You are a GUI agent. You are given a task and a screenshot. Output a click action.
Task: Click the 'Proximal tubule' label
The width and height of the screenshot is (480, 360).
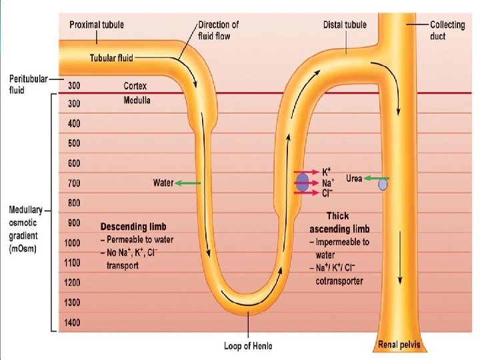(x=97, y=25)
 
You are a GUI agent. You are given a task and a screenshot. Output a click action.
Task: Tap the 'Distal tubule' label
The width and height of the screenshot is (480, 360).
(x=345, y=25)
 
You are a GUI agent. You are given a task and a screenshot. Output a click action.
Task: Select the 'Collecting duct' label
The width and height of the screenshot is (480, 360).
(x=447, y=29)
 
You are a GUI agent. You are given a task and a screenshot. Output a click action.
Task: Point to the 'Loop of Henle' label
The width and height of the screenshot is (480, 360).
(x=248, y=345)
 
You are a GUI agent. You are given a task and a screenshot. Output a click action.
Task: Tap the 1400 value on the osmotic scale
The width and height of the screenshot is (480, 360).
(x=73, y=323)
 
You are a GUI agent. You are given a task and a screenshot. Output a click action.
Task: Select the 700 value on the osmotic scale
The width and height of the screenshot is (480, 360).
(x=73, y=183)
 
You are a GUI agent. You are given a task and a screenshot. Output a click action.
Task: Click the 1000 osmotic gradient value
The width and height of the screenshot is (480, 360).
(x=73, y=243)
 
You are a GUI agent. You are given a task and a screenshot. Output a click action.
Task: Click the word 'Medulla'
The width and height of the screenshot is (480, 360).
(x=137, y=101)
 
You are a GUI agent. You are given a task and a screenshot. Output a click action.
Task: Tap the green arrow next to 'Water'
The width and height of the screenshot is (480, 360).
(x=188, y=183)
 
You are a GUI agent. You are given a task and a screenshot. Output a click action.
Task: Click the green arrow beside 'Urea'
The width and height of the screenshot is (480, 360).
(x=377, y=179)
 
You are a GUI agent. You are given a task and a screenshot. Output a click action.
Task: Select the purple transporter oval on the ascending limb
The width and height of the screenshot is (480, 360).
(x=303, y=182)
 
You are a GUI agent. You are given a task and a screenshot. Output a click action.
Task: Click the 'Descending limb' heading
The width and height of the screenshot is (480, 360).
(x=133, y=227)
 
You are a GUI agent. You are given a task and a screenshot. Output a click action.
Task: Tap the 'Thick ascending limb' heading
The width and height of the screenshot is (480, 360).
(x=338, y=223)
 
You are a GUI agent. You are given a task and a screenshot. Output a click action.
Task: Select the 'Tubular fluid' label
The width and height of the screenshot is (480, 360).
(x=111, y=58)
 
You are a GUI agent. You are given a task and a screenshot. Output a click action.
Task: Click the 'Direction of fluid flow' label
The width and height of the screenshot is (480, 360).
(x=219, y=30)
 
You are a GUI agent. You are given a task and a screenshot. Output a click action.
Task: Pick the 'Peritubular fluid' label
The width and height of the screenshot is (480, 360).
(x=28, y=84)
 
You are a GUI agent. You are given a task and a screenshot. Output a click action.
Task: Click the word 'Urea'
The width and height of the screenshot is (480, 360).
(x=354, y=179)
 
